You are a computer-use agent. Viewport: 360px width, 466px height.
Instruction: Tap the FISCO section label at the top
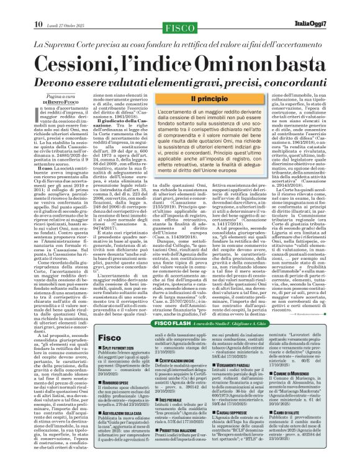(x=180, y=9)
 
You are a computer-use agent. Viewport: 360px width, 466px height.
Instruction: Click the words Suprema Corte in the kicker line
(x=79, y=44)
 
